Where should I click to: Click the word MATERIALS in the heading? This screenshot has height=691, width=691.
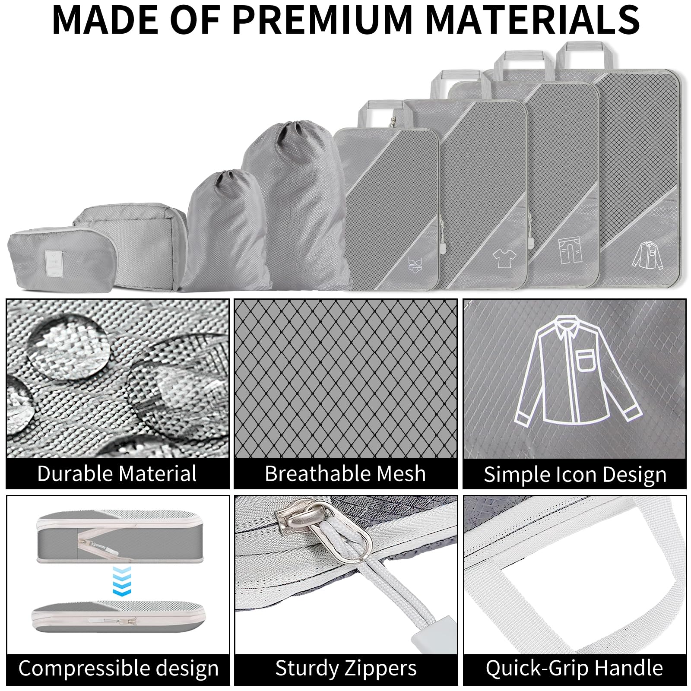[x=533, y=19]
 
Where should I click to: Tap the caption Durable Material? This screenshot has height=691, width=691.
[x=117, y=473]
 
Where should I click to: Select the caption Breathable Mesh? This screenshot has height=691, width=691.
[x=345, y=473]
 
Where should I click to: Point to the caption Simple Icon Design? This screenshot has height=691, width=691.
[x=575, y=475]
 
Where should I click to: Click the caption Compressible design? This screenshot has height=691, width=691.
[x=118, y=669]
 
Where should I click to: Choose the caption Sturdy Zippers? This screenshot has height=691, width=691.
[x=346, y=669]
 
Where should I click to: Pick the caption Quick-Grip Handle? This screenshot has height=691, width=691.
[x=574, y=668]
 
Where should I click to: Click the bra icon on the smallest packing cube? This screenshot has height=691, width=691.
[x=416, y=264]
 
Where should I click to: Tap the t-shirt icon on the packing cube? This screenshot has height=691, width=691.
[x=505, y=258]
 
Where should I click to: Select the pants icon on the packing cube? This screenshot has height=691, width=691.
[x=571, y=251]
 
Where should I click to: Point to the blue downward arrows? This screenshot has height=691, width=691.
[x=122, y=581]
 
